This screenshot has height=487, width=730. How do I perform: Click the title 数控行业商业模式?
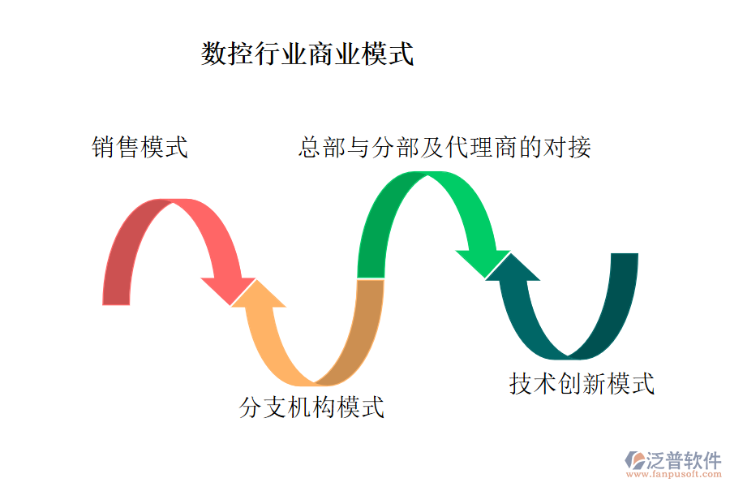[x=307, y=54]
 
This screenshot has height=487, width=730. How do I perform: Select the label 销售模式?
[x=140, y=148]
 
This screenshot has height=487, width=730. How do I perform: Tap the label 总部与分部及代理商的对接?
[x=444, y=147]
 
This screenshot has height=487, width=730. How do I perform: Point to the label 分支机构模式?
[x=312, y=406]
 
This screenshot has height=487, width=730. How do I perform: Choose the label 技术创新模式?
[x=582, y=382]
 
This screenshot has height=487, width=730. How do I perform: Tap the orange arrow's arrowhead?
[x=258, y=294]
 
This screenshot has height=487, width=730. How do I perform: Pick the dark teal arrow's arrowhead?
[x=513, y=267]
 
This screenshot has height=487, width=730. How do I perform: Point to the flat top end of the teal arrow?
[x=625, y=255]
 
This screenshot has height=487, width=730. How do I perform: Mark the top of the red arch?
[x=172, y=204]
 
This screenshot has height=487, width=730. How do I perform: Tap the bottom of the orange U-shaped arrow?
[x=315, y=380]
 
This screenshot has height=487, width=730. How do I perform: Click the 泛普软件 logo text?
[x=683, y=460]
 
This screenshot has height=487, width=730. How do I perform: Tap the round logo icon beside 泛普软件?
[x=633, y=460]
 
